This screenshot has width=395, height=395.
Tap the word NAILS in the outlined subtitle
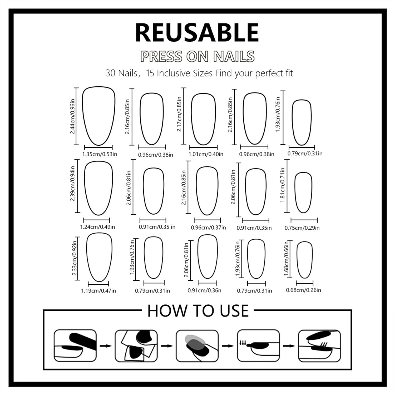point(234,56)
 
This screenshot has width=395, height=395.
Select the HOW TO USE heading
point(198,311)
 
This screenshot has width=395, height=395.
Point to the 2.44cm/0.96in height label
point(73,116)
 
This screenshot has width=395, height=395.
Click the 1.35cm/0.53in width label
point(100,154)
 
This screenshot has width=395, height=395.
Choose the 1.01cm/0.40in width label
point(206,154)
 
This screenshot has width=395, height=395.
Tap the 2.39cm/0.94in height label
point(73,183)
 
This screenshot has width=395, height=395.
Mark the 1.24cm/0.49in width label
point(97,227)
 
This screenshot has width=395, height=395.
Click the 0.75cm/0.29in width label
point(302,228)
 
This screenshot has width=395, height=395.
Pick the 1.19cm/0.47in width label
point(98,291)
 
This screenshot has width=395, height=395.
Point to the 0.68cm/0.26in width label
point(304,290)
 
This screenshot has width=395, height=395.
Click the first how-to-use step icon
point(75,345)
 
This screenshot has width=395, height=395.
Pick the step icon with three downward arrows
point(258,345)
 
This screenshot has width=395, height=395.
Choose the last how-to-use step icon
point(319,345)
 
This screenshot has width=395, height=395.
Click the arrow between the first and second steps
point(106,346)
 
